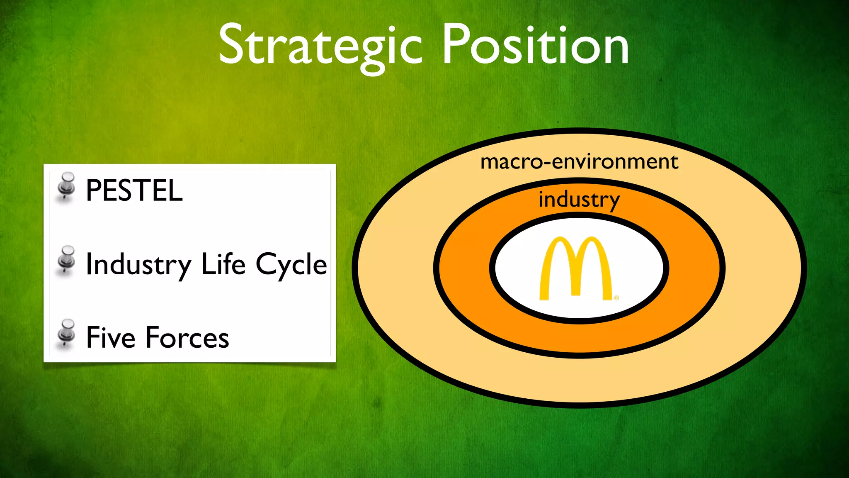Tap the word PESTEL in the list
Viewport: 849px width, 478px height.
tap(134, 190)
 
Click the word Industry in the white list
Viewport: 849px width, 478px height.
tap(138, 265)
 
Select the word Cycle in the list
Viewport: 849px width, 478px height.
tap(291, 265)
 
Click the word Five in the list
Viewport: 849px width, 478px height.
tap(110, 337)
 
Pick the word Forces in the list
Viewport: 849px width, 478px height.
tap(187, 337)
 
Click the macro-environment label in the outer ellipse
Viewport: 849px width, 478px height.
tap(579, 162)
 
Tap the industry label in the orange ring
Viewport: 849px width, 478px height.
tap(579, 200)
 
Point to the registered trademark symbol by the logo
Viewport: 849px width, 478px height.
tap(616, 298)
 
